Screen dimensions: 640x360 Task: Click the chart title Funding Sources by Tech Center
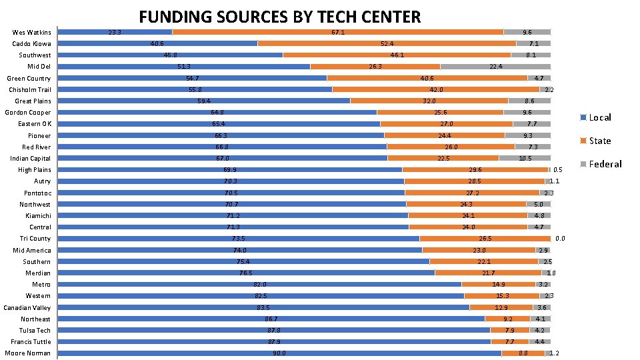[x=279, y=17]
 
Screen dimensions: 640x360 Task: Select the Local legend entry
[x=595, y=117]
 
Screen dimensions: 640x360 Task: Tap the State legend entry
[x=595, y=141]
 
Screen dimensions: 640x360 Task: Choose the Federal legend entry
[x=601, y=164]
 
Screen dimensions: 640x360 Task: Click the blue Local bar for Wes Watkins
[x=115, y=32]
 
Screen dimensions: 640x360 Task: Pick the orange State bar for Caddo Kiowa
[x=387, y=44]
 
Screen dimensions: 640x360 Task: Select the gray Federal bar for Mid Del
[x=495, y=67]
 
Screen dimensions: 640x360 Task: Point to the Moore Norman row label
[x=27, y=353]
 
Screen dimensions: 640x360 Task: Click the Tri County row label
[x=35, y=239]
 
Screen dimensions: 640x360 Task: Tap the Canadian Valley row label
[x=27, y=307]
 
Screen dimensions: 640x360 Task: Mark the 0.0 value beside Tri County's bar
[x=560, y=239]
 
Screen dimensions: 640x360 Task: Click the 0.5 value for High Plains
[x=557, y=170]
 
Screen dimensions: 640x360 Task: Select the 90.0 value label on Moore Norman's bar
[x=279, y=353]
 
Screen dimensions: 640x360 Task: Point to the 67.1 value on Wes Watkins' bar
[x=338, y=32]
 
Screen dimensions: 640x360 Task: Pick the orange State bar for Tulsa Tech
[x=510, y=330]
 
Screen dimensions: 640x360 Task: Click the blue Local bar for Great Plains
[x=204, y=101]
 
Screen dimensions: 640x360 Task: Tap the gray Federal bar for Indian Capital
[x=525, y=159]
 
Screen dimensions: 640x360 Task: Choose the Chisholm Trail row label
[x=30, y=90]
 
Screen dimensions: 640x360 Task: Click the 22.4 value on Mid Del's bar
[x=496, y=67]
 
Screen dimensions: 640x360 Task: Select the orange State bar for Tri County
[x=485, y=239]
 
